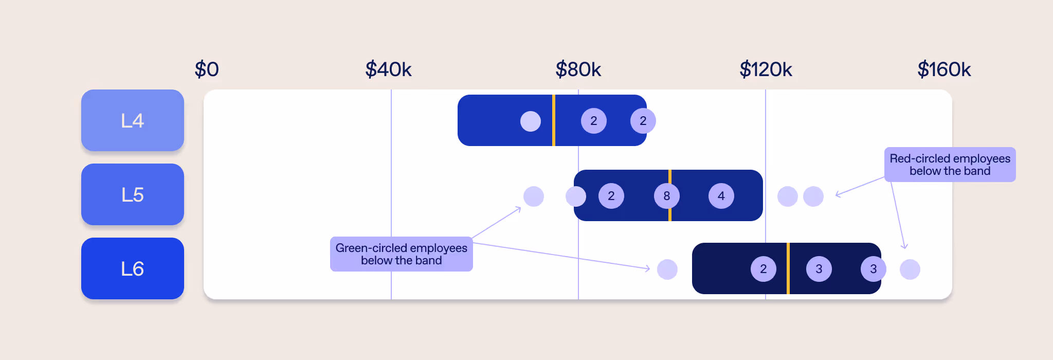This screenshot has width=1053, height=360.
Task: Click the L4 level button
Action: pyautogui.click(x=132, y=120)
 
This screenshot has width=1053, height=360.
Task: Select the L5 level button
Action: pyautogui.click(x=132, y=194)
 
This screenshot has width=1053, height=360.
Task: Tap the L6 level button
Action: pyautogui.click(x=132, y=268)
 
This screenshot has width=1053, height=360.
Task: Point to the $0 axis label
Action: pyautogui.click(x=207, y=69)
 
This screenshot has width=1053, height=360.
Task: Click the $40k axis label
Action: pyautogui.click(x=388, y=69)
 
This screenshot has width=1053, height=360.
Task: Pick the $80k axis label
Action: pyautogui.click(x=578, y=69)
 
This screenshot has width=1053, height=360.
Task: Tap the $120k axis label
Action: pyautogui.click(x=766, y=69)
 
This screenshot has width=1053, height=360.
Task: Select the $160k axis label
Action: pyautogui.click(x=944, y=69)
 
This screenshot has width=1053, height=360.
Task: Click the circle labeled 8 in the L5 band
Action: pyautogui.click(x=666, y=196)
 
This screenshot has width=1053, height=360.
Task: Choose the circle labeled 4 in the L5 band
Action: pyautogui.click(x=721, y=196)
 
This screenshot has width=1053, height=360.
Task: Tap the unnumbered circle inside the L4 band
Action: pyautogui.click(x=530, y=121)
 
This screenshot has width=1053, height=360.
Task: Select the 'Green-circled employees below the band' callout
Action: pyautogui.click(x=401, y=254)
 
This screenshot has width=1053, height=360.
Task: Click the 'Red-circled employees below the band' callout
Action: pyautogui.click(x=950, y=165)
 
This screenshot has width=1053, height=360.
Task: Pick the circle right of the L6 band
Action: pyautogui.click(x=910, y=269)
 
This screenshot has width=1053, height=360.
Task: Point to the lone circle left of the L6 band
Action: pyautogui.click(x=667, y=269)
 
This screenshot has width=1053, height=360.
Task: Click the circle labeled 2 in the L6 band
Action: pyautogui.click(x=763, y=269)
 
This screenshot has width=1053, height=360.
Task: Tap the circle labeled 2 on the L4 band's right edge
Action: pyautogui.click(x=643, y=121)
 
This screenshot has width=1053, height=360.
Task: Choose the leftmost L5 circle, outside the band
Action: pyautogui.click(x=533, y=196)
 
